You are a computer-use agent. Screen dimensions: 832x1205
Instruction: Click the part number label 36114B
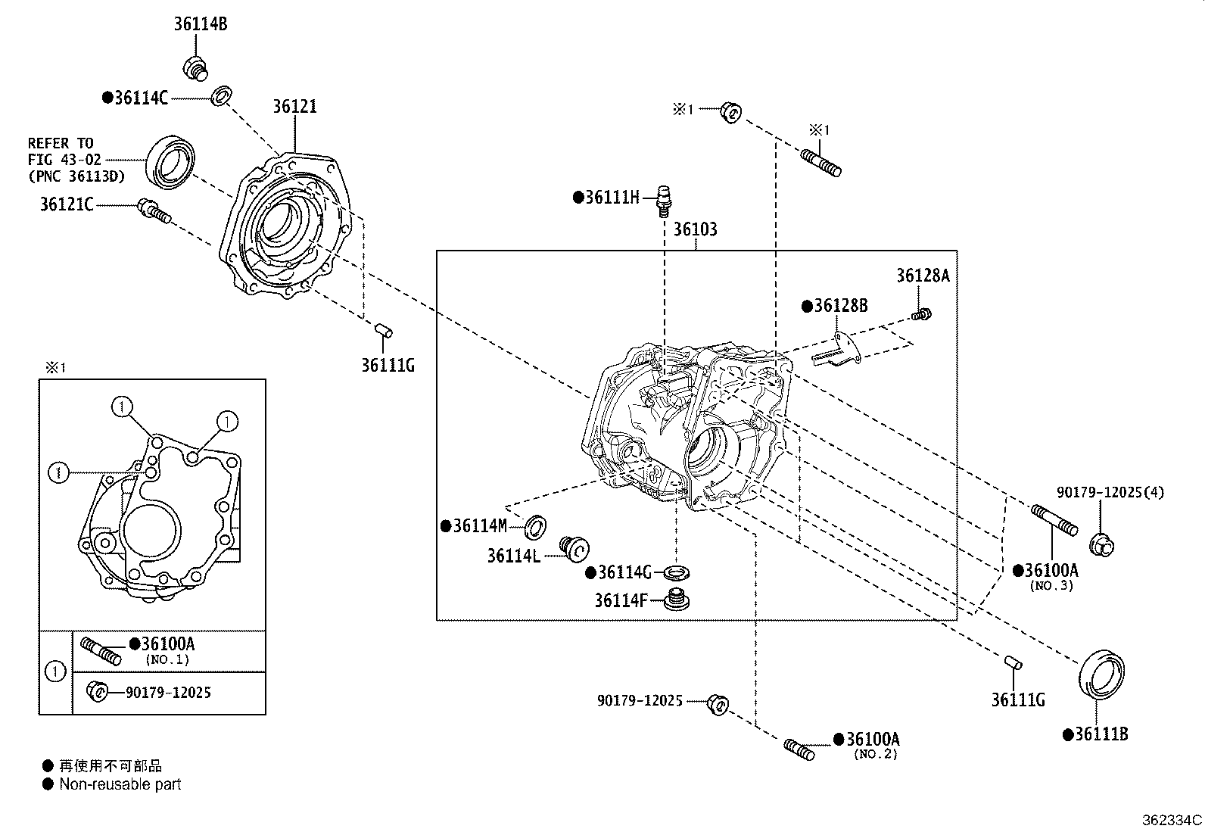(200, 24)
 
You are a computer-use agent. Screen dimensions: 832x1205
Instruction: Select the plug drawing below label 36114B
(195, 67)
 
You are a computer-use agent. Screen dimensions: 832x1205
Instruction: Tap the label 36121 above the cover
(294, 107)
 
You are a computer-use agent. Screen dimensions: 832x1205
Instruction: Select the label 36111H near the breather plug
(612, 198)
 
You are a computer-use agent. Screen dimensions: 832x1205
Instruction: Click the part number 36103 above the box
(695, 229)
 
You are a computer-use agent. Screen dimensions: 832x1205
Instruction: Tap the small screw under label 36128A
(922, 313)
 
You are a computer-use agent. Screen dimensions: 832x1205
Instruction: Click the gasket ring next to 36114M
(537, 524)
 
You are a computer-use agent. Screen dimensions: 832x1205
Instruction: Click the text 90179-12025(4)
(1110, 493)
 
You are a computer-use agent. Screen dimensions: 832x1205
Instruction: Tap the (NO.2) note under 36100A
(875, 754)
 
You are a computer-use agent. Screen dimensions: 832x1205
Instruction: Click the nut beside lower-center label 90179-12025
(717, 704)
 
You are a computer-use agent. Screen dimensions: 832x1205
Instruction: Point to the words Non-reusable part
(120, 784)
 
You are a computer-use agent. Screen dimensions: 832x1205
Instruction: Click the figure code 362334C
(1172, 820)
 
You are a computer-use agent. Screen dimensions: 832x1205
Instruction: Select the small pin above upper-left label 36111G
(384, 329)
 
